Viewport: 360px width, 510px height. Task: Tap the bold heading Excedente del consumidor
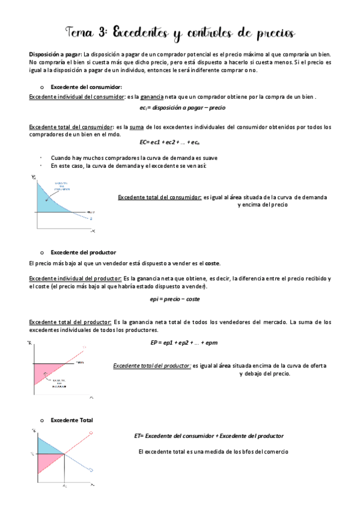87,87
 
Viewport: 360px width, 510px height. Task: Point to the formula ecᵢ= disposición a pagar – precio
180,108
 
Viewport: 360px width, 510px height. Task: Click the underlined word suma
140,127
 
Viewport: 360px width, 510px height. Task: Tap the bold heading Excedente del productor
84,251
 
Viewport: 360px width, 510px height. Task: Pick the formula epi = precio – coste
175,299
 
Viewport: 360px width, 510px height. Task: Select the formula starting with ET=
209,435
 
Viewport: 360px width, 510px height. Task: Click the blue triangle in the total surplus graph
47,446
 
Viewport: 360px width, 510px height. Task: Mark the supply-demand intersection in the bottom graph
64,453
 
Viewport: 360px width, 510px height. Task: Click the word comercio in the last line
275,451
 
